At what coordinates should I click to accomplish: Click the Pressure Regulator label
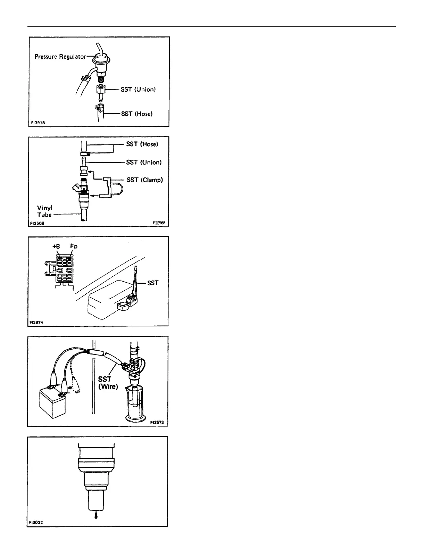click(60, 57)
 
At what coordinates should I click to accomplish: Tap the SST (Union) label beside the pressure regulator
click(138, 90)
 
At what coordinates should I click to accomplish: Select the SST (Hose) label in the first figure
click(137, 114)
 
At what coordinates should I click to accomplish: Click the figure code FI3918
click(37, 123)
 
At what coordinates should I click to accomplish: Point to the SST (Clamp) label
click(144, 180)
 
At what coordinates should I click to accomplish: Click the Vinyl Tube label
click(45, 211)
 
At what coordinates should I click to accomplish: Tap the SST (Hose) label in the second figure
click(142, 144)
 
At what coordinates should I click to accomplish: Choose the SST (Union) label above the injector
click(144, 162)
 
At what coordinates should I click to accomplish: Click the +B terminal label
click(57, 247)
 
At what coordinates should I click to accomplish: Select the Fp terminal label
click(74, 246)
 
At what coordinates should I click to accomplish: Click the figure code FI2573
click(157, 423)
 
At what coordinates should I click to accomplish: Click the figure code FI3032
click(36, 531)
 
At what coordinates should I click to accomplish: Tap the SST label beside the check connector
click(153, 283)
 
